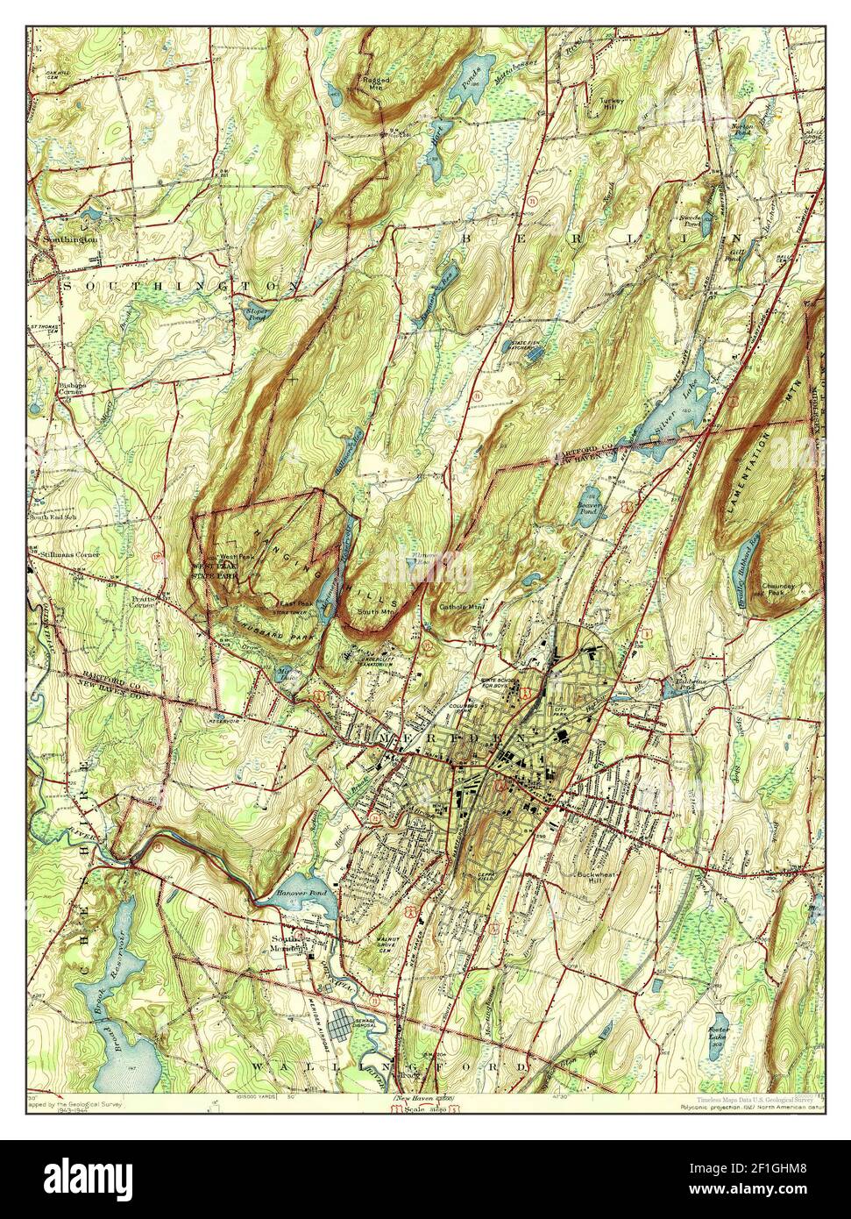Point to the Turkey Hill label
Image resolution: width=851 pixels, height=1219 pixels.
coord(612,103)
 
